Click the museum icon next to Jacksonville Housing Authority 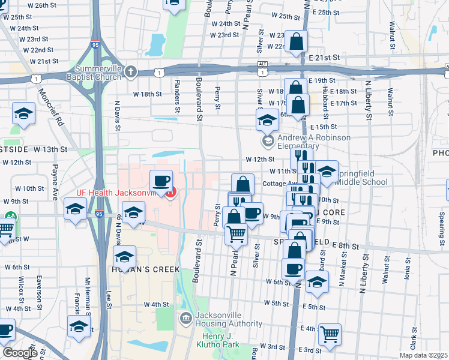[186, 317]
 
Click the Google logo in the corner [20, 353]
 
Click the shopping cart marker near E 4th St [329, 334]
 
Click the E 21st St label [325, 57]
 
